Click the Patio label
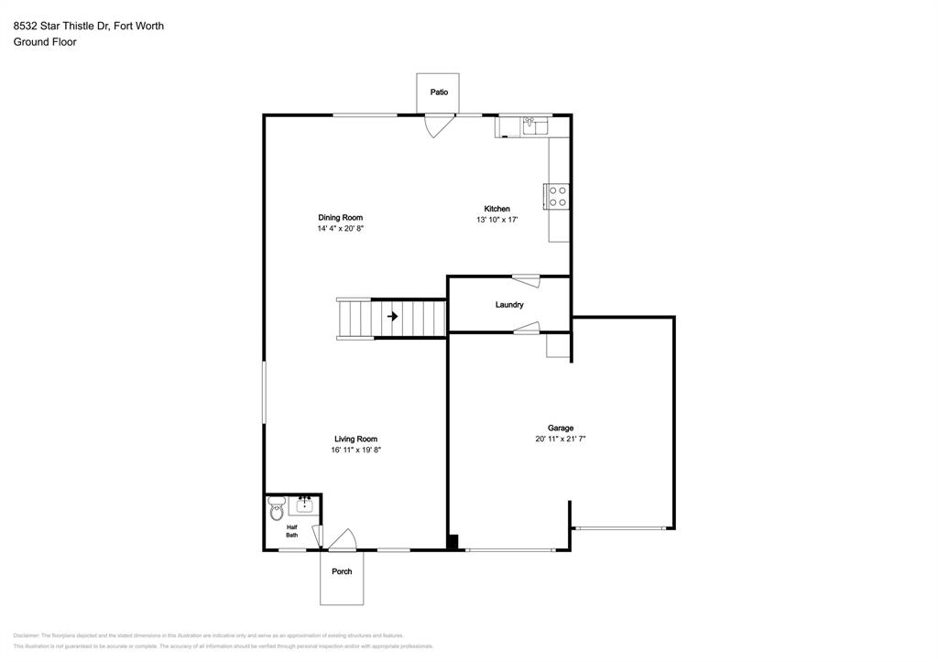point(440,92)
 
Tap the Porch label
point(342,571)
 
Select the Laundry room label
point(509,305)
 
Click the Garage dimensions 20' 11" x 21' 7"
point(561,440)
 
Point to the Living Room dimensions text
point(355,450)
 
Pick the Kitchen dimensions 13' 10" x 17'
point(497,220)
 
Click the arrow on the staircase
point(393,317)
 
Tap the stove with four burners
point(557,196)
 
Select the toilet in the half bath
point(277,510)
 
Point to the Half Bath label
point(291,531)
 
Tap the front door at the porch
point(342,542)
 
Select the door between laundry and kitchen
point(526,280)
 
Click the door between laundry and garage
point(527,328)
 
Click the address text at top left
point(89,26)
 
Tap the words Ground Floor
point(45,42)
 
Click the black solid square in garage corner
point(453,541)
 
